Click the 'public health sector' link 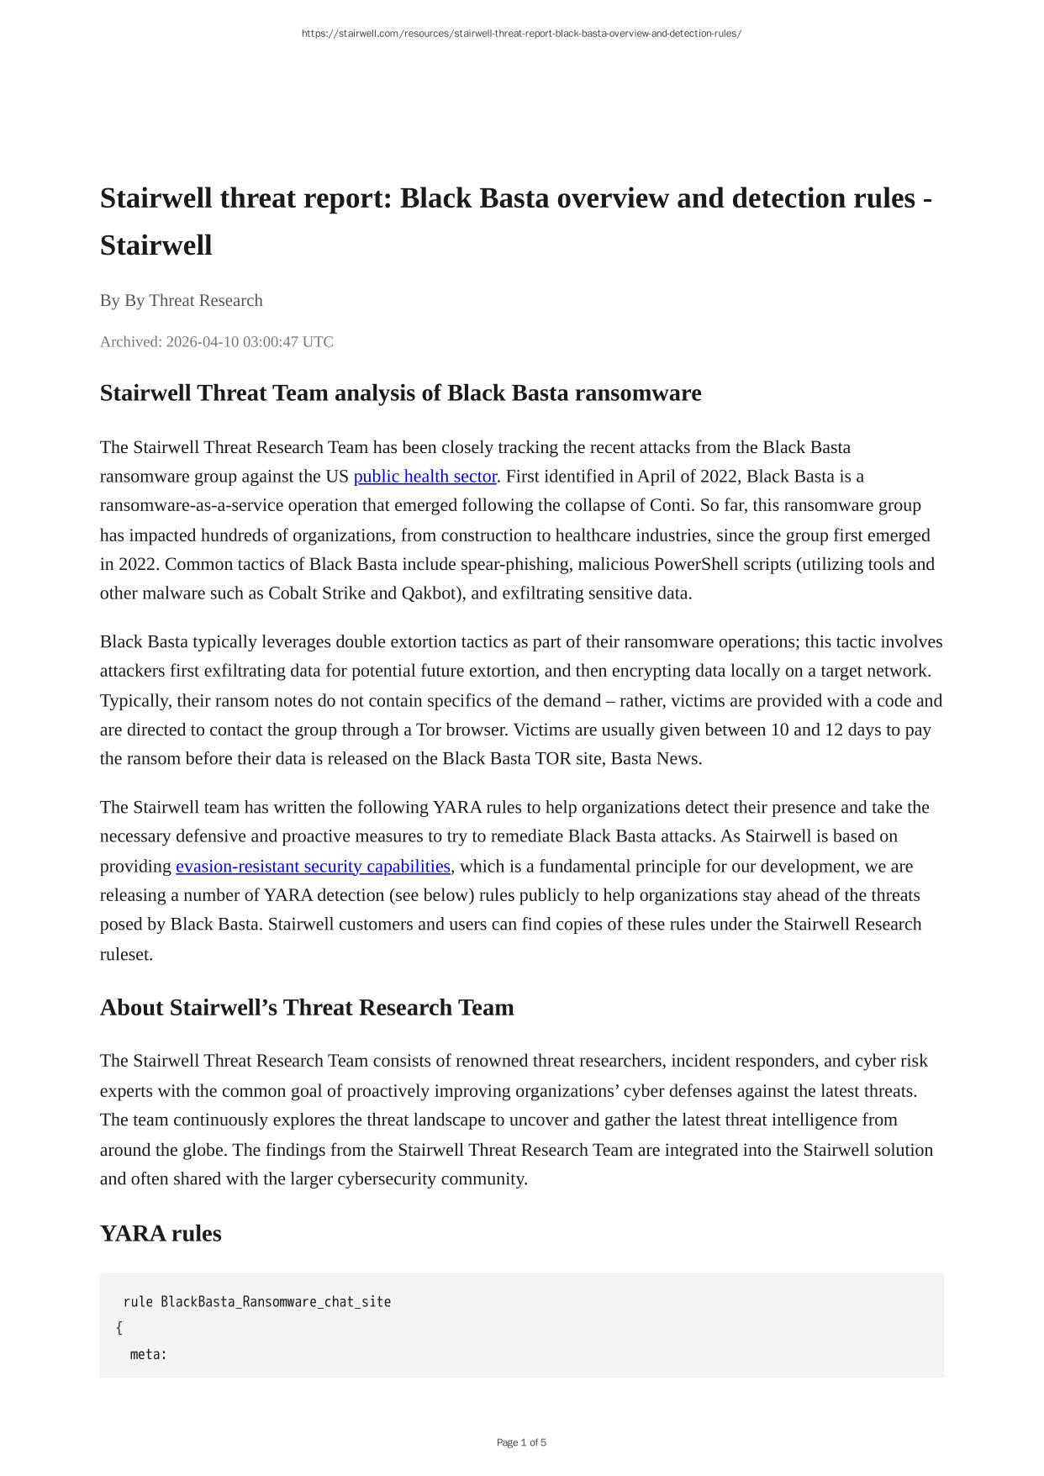[424, 477]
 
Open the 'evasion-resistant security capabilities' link [313, 866]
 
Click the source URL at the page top [521, 34]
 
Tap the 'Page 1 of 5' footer [521, 1442]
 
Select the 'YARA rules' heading [161, 1233]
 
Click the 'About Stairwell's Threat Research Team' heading [307, 1007]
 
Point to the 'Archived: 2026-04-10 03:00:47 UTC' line [216, 341]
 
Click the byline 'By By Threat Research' [181, 300]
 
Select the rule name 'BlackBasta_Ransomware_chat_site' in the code [276, 1302]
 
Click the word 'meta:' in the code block [149, 1354]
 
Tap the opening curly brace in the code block [119, 1328]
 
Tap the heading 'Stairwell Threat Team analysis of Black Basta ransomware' [400, 393]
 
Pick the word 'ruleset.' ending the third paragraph [126, 954]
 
